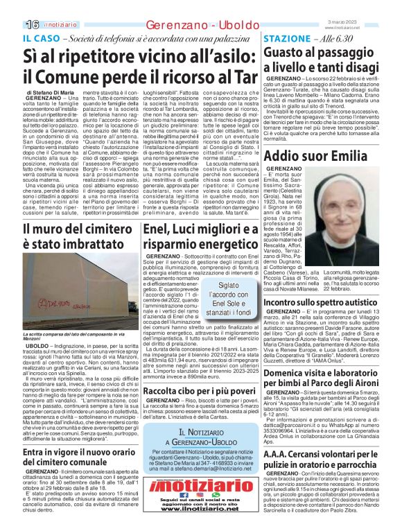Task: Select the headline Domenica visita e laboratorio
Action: [x=324, y=377]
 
